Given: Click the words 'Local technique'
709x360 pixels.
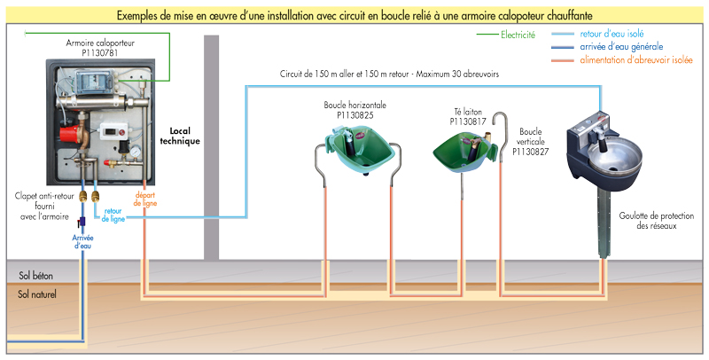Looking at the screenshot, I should pyautogui.click(x=180, y=136).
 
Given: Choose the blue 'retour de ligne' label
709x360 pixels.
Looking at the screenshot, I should pyautogui.click(x=113, y=214).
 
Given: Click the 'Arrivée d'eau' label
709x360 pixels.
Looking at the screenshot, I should pyautogui.click(x=82, y=240).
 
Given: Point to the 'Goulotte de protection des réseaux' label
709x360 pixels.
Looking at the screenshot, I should pyautogui.click(x=654, y=221).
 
